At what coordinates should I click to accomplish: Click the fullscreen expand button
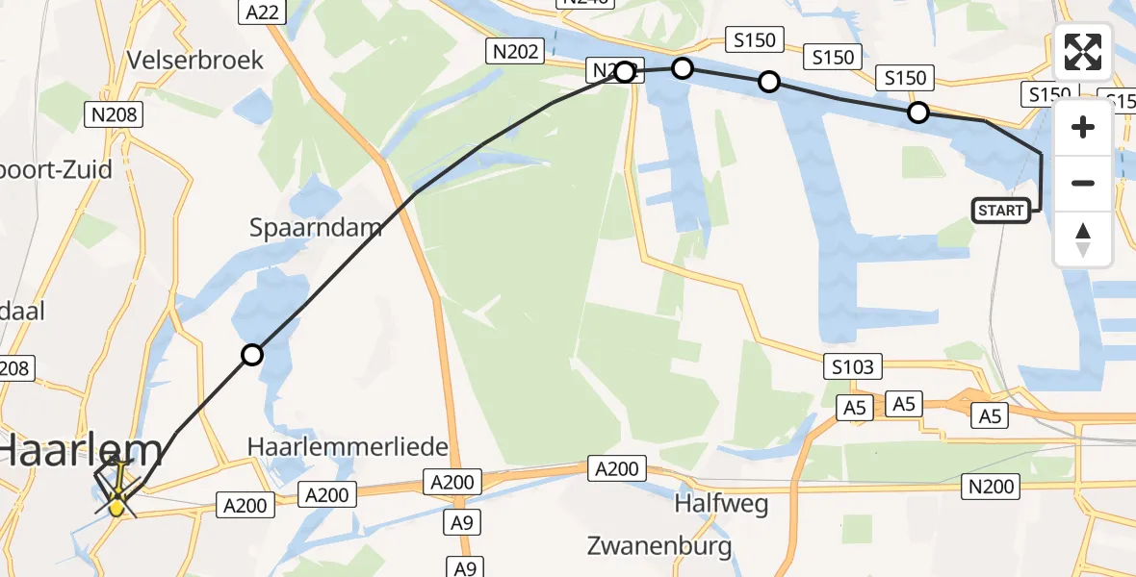coord(1083,52)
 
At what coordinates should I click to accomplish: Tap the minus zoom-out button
coord(1083,183)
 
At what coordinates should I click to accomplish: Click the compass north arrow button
coord(1083,238)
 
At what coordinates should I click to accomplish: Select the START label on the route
coord(1001,211)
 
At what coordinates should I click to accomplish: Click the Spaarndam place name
coord(316,228)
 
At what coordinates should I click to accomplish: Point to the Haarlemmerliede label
coord(348,447)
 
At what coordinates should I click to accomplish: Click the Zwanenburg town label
coord(659,546)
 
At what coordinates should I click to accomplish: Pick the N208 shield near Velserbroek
coord(115,115)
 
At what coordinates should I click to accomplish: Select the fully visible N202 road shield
coord(515,52)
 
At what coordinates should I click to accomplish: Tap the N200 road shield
coord(992,488)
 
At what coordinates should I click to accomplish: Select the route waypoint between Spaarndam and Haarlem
coord(251,355)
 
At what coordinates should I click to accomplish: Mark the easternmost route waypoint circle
coord(918,113)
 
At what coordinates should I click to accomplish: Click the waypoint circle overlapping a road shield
coord(626,71)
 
